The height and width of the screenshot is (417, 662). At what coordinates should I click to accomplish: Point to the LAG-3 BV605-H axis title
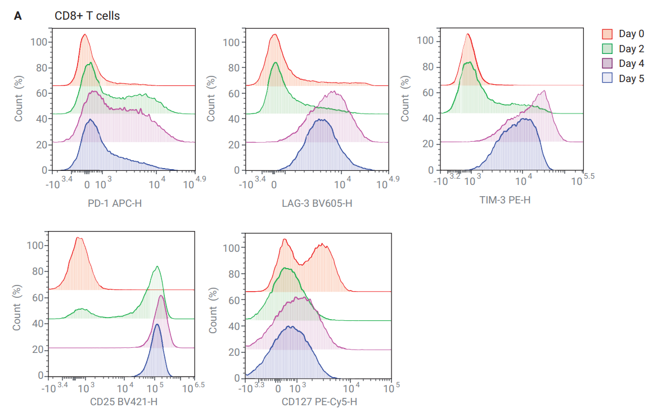tap(317, 203)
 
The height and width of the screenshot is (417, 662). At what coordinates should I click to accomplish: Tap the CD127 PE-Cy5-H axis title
tap(319, 402)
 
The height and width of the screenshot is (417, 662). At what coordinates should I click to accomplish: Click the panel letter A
tap(18, 16)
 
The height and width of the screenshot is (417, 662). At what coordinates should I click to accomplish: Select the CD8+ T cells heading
tap(87, 16)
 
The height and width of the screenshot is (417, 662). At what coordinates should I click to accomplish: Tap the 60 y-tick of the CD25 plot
tap(37, 298)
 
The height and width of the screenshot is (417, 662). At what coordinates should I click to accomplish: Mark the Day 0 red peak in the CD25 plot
tap(79, 238)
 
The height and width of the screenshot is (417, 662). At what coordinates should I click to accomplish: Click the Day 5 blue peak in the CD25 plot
tap(157, 324)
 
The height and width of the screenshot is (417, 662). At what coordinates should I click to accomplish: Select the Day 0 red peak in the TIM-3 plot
tap(467, 35)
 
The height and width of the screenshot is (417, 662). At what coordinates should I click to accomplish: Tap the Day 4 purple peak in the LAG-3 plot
tap(333, 92)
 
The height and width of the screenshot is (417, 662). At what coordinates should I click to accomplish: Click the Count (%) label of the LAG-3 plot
tap(211, 100)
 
